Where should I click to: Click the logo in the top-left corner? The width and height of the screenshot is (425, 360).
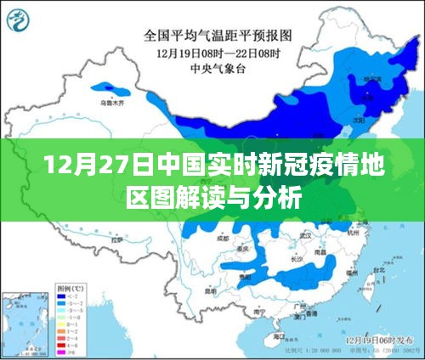click(x=27, y=19)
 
